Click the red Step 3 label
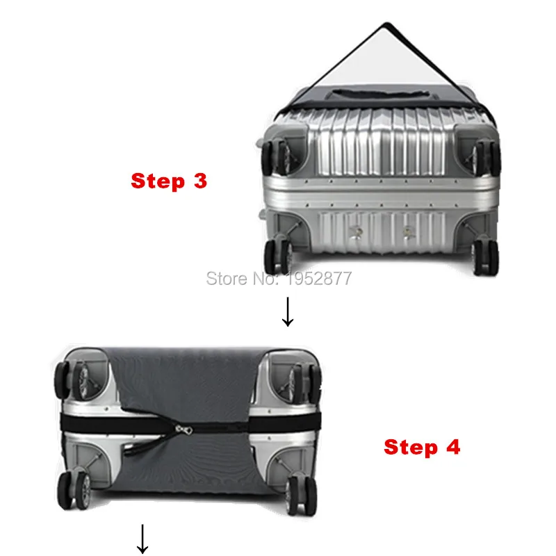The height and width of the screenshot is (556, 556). tap(169, 181)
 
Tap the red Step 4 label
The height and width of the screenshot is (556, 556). tap(422, 446)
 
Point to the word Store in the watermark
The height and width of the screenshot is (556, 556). tap(227, 279)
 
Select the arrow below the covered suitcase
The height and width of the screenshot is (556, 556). tap(142, 539)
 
